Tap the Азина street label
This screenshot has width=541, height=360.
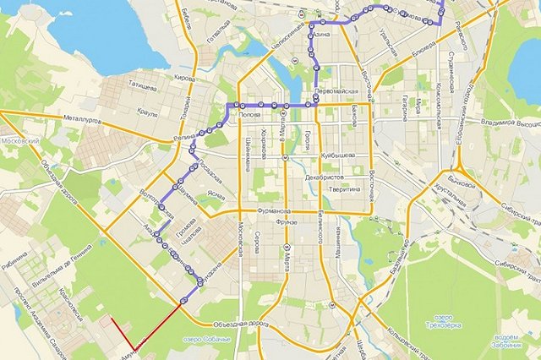click(x=320, y=35)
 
